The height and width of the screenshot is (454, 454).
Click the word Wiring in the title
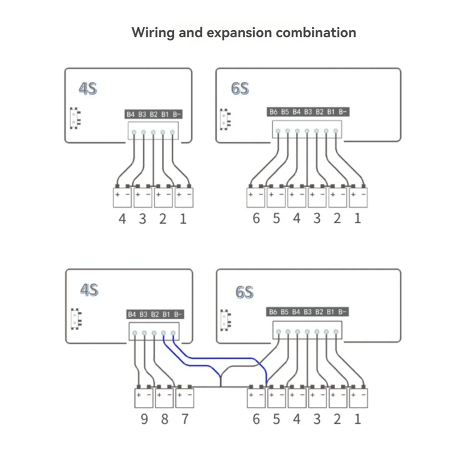point(153,33)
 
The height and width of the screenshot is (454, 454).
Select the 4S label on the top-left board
point(88,89)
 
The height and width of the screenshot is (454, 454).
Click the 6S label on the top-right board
point(240,89)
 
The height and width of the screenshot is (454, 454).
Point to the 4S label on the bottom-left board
point(89,290)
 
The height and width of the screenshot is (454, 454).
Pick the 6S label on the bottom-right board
point(244,292)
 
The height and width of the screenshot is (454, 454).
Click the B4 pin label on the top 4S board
point(131,114)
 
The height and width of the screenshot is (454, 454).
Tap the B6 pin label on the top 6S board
point(274,112)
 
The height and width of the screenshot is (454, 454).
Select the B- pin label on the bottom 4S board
point(178,314)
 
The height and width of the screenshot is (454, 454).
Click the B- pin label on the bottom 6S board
point(342,312)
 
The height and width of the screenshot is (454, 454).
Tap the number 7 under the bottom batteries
point(185,419)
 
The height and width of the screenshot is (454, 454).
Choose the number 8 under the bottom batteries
point(165,419)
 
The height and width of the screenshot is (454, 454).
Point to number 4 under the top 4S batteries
point(122,219)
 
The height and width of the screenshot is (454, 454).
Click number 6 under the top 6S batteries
point(256,218)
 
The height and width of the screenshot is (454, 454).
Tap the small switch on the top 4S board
point(75,118)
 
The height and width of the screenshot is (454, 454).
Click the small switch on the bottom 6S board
point(225,320)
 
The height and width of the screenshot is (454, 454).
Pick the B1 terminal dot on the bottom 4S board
point(163,333)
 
